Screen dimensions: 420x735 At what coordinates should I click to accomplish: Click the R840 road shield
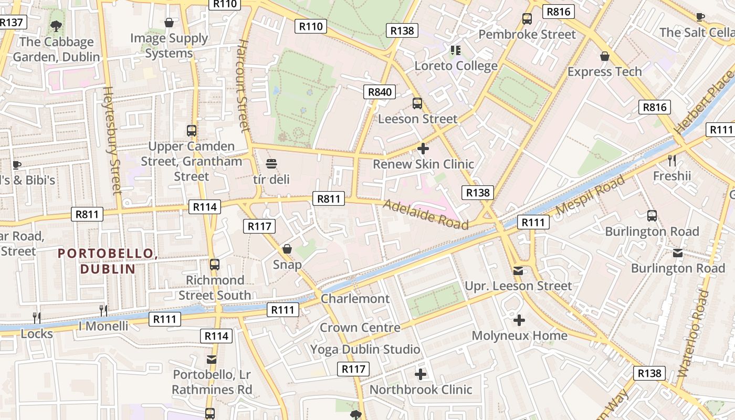380,92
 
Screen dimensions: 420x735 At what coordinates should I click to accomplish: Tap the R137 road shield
11,22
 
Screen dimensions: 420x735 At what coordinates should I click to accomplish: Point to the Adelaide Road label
426,214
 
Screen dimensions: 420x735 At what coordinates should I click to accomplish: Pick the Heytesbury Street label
112,141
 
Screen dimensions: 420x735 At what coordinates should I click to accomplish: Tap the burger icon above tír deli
271,164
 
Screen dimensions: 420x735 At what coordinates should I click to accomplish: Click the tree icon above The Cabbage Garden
56,25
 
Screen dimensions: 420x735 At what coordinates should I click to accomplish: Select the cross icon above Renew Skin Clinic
423,149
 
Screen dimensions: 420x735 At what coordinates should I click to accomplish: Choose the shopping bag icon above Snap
287,248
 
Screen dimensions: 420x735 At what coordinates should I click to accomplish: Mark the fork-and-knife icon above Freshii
672,160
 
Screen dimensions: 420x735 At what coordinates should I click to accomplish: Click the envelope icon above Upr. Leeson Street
518,270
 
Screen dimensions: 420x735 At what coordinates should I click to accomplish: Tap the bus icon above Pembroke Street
527,19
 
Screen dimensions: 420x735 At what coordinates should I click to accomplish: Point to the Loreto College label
456,66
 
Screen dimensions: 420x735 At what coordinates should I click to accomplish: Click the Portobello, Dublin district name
108,261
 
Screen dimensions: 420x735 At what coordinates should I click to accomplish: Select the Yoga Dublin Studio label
365,349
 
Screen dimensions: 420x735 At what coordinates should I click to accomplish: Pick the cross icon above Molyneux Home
519,320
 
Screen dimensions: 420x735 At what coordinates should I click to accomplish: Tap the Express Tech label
604,71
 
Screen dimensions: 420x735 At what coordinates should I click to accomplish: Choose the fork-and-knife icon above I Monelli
103,310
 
